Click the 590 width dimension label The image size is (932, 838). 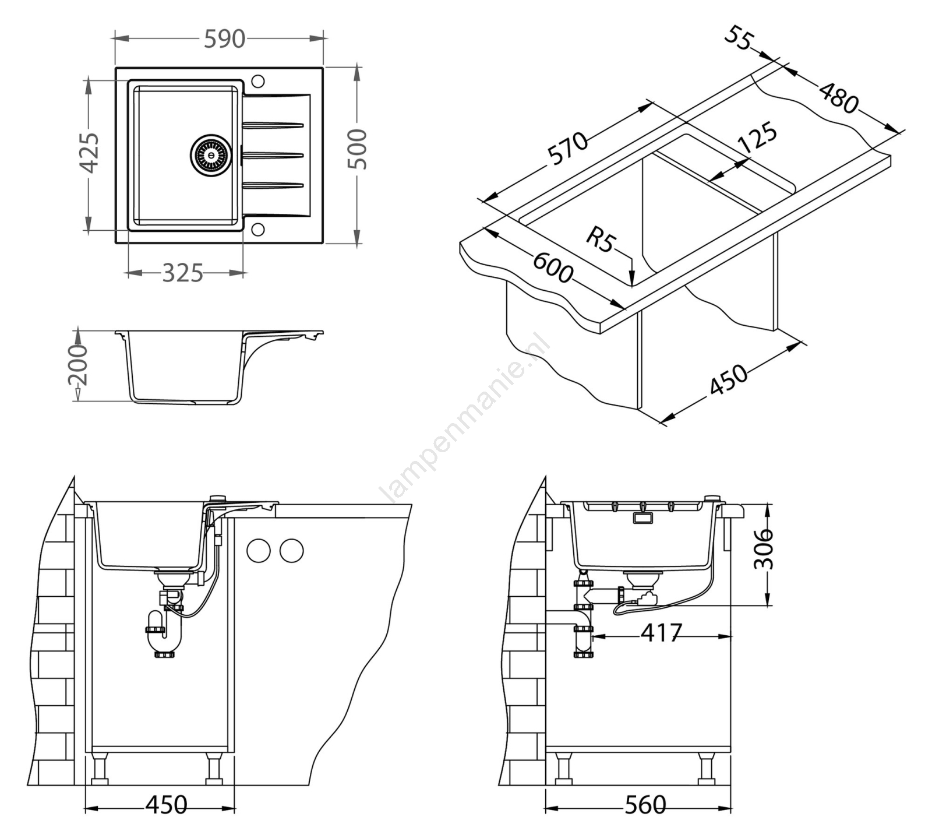click(224, 39)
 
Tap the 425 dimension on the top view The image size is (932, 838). click(89, 153)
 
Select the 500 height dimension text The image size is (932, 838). click(358, 149)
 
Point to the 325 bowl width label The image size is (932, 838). click(182, 273)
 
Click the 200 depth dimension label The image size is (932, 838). click(77, 365)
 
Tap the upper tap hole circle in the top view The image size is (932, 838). click(257, 80)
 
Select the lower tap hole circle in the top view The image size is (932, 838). click(257, 229)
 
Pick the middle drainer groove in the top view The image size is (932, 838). click(273, 155)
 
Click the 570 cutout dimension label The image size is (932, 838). click(568, 149)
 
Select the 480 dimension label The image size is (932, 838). click(839, 98)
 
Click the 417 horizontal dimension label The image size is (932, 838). click(661, 632)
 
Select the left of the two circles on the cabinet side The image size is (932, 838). click(258, 551)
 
